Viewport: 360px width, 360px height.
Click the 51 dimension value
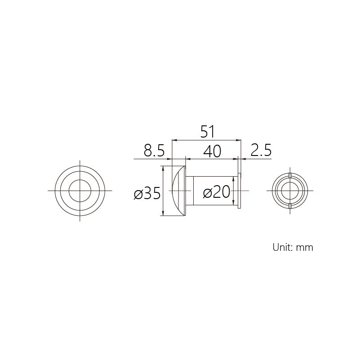pyautogui.click(x=207, y=132)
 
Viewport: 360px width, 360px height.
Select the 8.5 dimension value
pyautogui.click(x=154, y=151)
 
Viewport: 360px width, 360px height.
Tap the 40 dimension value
pyautogui.click(x=212, y=151)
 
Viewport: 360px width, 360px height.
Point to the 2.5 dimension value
pyautogui.click(x=261, y=150)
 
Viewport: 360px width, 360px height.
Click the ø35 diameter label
pyautogui.click(x=147, y=193)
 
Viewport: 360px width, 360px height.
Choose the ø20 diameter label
pyautogui.click(x=217, y=192)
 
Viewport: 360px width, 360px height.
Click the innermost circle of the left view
pyautogui.click(x=80, y=180)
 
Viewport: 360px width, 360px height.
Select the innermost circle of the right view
pyautogui.click(x=290, y=182)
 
